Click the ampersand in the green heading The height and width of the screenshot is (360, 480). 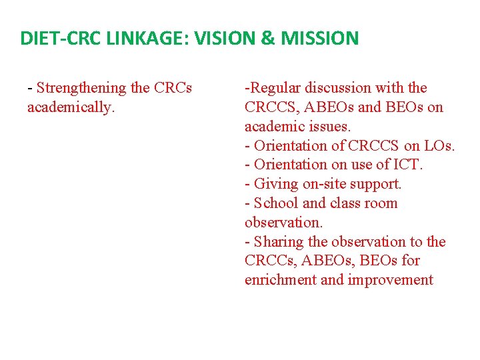pos(267,38)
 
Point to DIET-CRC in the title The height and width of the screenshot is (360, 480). pos(57,38)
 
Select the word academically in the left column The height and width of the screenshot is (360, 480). pos(69,107)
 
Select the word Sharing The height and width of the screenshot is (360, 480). pos(279,241)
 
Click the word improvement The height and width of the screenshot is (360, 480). pos(391,280)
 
